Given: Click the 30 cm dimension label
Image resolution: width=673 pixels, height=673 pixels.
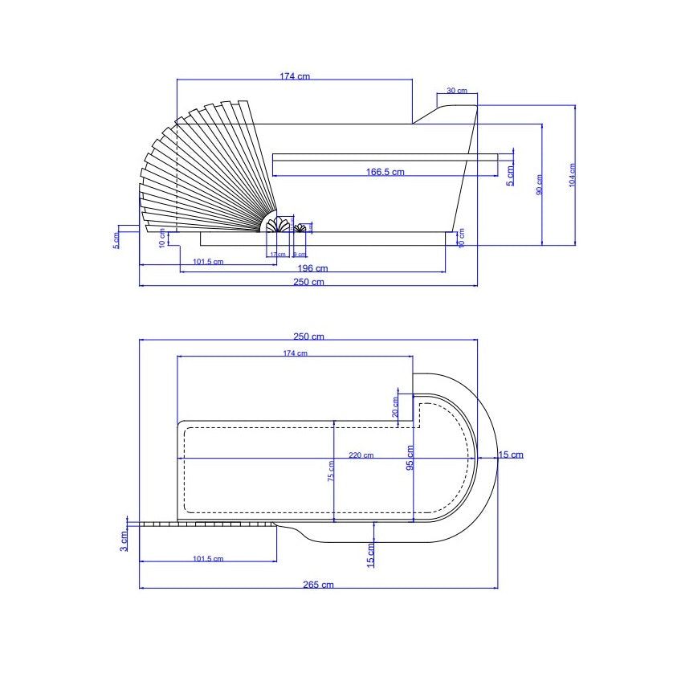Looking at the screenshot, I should click(x=456, y=91).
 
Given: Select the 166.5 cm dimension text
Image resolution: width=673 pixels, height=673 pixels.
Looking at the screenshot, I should click(x=385, y=172).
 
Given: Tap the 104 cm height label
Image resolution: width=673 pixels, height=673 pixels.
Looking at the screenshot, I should click(x=573, y=174).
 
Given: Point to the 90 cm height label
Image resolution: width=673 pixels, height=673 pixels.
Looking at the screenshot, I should click(x=540, y=184).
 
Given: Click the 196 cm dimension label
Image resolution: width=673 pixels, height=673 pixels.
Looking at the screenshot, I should click(x=312, y=268).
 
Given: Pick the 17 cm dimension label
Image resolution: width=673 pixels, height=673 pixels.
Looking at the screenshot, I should click(x=278, y=254).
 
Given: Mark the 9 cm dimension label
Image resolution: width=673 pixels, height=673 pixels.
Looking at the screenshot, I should click(x=300, y=254).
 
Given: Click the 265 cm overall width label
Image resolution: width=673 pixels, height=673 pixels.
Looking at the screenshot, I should click(x=319, y=585).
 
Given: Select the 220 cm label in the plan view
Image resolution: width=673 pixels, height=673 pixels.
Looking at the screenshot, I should click(x=361, y=455).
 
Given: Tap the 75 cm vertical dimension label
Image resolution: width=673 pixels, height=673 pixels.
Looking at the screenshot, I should click(x=331, y=471).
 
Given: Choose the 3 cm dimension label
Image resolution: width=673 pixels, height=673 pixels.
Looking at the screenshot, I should click(x=124, y=541).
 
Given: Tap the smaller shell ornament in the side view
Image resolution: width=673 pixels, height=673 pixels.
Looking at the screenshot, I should click(x=301, y=228).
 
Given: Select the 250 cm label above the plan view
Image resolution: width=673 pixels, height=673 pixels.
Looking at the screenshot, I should click(x=309, y=336).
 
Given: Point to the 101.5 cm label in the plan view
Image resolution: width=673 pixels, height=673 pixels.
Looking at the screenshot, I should click(x=208, y=558).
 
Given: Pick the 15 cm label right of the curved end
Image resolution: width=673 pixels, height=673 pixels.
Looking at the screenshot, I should click(x=510, y=455).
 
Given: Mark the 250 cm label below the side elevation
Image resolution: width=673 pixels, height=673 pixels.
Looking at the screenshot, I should click(x=309, y=282).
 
